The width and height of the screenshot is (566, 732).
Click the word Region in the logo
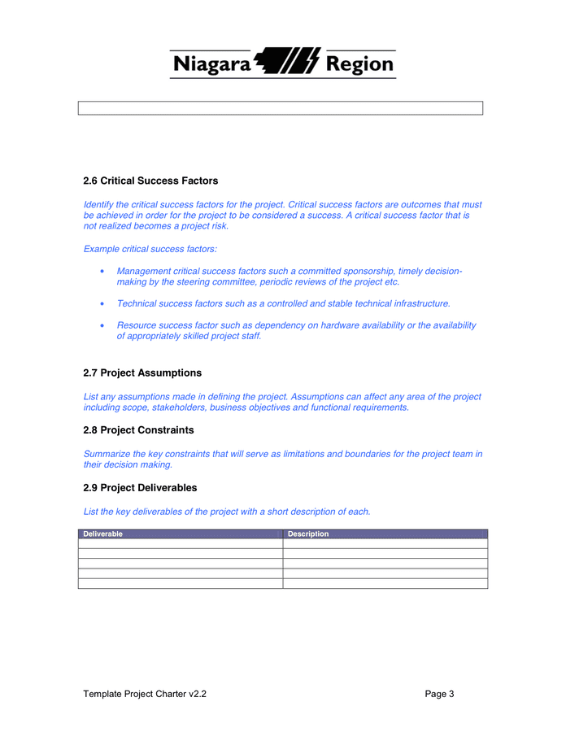click(x=359, y=64)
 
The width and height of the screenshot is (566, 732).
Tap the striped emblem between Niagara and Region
click(x=288, y=62)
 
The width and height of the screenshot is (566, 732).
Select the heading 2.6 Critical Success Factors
click(x=150, y=181)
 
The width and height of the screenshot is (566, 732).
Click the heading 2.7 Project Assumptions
click(x=142, y=373)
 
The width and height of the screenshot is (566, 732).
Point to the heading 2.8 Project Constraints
click(x=138, y=429)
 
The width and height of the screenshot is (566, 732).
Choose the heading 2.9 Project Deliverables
click(x=140, y=488)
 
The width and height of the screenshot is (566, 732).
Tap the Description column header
click(x=308, y=534)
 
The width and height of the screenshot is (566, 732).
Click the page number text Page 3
click(x=439, y=694)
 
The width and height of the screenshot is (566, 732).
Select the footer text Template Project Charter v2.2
click(x=150, y=694)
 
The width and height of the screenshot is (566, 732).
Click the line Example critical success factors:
click(x=150, y=248)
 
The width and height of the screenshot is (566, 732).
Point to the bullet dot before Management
click(x=101, y=272)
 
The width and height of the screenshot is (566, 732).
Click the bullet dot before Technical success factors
click(x=101, y=303)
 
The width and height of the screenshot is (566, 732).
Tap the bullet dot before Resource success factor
click(x=101, y=325)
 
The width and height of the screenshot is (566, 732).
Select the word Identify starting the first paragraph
click(x=101, y=205)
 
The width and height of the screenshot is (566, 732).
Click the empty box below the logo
click(x=281, y=108)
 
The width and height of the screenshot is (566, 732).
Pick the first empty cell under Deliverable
click(x=181, y=544)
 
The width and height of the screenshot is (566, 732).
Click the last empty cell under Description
click(x=385, y=583)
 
